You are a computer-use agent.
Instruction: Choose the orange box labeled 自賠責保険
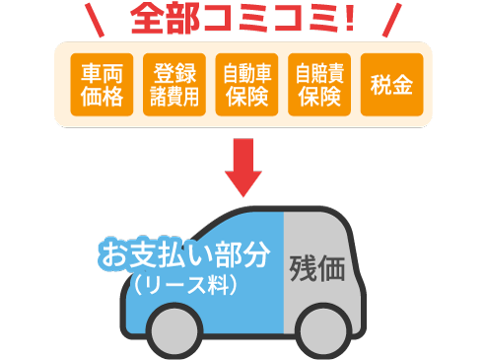(x=317, y=85)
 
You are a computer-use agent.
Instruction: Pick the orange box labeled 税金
(x=390, y=85)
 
